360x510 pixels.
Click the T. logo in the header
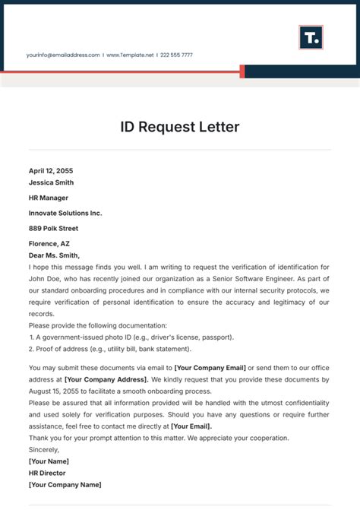[x=311, y=37]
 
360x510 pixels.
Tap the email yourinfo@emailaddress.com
[x=63, y=55]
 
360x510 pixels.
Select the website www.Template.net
[x=130, y=55]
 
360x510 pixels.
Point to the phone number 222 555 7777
[x=176, y=55]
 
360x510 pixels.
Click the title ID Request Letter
[x=180, y=127]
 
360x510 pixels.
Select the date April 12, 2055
[x=51, y=171]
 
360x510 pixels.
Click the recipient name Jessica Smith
[x=51, y=182]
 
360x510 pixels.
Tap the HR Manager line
[x=48, y=198]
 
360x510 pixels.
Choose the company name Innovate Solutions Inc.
[x=65, y=213]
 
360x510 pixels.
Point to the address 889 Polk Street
[x=53, y=228]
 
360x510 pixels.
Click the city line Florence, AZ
[x=49, y=243]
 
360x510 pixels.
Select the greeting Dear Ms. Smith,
[x=54, y=255]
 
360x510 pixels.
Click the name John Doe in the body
[x=43, y=279]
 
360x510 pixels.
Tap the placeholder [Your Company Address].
[x=106, y=379]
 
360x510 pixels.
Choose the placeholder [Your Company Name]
[x=65, y=484]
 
